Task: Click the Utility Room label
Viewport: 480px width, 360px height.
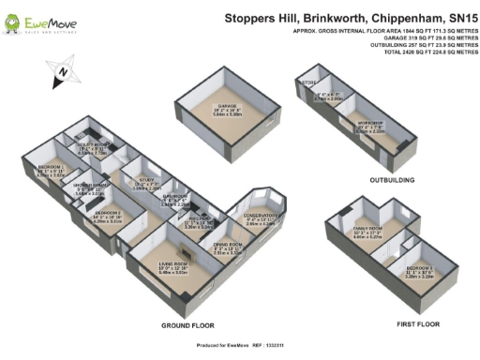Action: (x=97, y=146)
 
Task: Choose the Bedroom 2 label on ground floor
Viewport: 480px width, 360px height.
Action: (x=107, y=213)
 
